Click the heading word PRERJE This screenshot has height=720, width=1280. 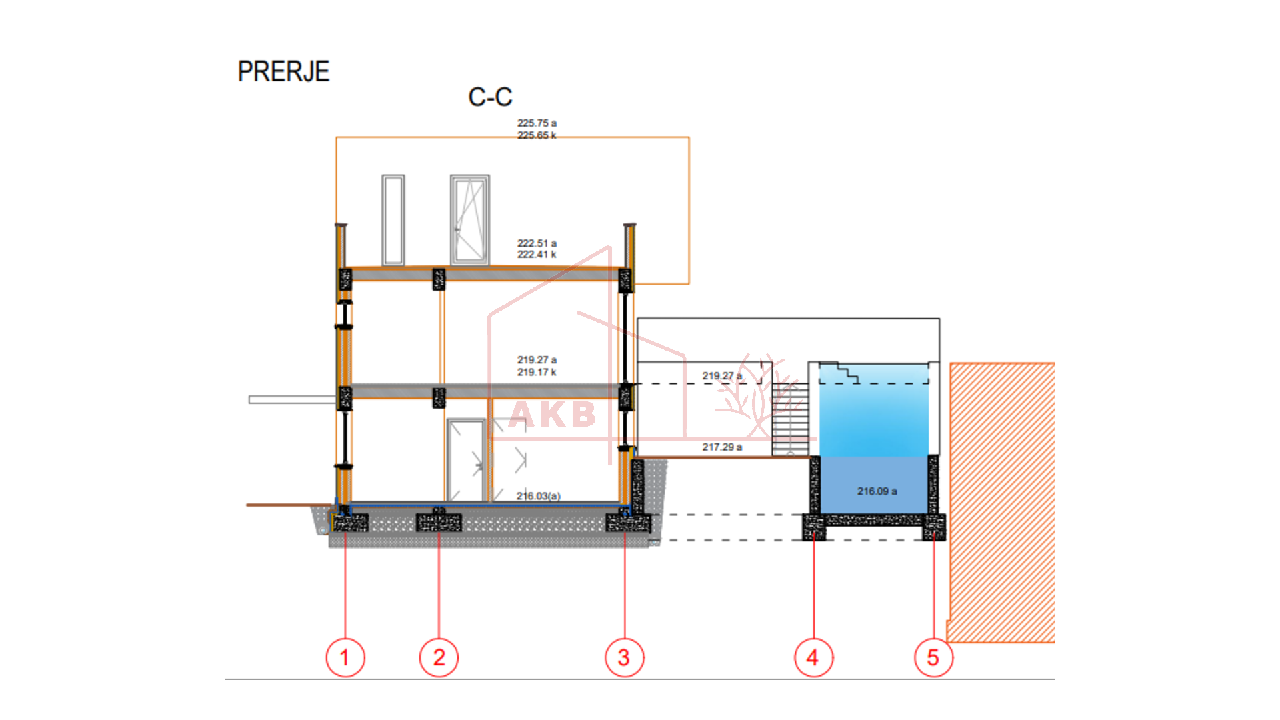(283, 72)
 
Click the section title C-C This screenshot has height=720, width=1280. (490, 97)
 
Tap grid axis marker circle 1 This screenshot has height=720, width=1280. (345, 657)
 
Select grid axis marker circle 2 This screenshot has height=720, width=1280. (439, 657)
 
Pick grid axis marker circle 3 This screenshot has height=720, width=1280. (624, 657)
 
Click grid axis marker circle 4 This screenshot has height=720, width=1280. (813, 657)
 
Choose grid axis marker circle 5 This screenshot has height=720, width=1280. (933, 657)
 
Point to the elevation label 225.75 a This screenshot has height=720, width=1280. (537, 123)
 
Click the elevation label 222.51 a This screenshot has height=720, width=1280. (537, 243)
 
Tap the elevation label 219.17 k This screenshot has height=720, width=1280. (537, 372)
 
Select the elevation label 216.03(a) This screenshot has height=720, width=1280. (539, 496)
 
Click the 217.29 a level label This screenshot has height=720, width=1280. (722, 447)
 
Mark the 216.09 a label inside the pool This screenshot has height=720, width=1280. (877, 491)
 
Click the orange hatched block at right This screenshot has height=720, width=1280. (1001, 501)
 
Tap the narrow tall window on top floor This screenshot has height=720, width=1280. (393, 220)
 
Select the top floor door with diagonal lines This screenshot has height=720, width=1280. (469, 220)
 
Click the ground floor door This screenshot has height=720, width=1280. (465, 460)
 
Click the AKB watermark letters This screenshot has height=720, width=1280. (552, 415)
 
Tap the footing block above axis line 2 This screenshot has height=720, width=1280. (439, 522)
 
